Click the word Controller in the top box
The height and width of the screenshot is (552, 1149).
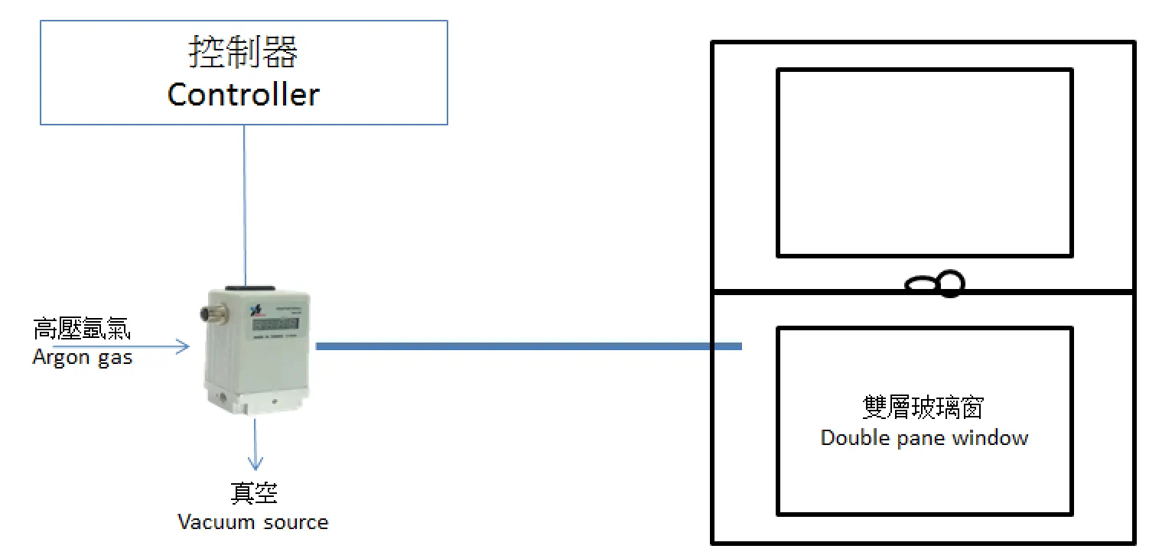point(243,95)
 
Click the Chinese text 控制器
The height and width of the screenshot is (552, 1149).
point(243,52)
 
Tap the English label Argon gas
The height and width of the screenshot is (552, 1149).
point(83,357)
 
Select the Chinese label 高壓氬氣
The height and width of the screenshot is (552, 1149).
point(82,330)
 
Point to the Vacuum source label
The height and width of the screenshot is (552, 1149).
point(253,522)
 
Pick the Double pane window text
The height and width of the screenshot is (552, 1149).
point(924,438)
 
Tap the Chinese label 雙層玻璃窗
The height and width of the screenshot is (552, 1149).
point(924,408)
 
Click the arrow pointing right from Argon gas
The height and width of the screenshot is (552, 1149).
point(122,347)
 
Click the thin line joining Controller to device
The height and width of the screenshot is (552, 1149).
point(245,203)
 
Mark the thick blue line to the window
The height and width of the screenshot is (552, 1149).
point(528,347)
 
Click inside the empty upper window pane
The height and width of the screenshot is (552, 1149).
point(924,162)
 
